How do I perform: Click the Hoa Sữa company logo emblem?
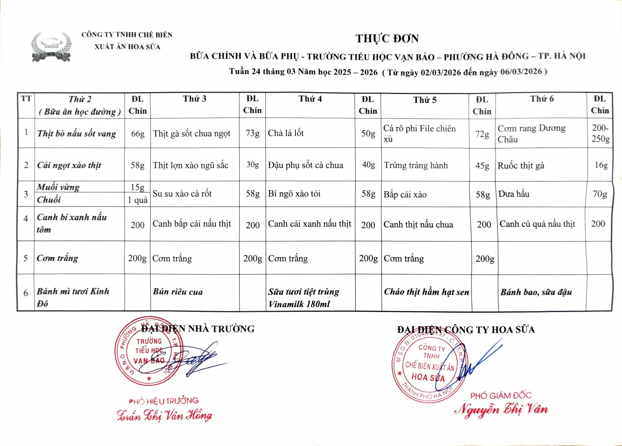pos(51,47)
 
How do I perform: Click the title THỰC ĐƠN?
pos(387,39)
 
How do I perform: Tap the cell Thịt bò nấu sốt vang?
pos(77,134)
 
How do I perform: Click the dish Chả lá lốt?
pos(286,133)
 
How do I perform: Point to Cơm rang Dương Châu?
pos(531,134)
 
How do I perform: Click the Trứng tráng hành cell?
pos(415,165)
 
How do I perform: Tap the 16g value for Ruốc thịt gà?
pos(601,165)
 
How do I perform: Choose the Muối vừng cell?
pos(58,187)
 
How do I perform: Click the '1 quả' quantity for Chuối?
pos(138,200)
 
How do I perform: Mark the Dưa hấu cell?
pos(514,194)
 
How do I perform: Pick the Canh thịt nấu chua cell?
pos(418,224)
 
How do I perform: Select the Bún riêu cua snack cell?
pos(178,292)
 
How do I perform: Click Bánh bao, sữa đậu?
pos(536,292)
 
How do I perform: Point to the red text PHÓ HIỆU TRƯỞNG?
pos(164,401)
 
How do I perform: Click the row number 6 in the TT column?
pos(26,293)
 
